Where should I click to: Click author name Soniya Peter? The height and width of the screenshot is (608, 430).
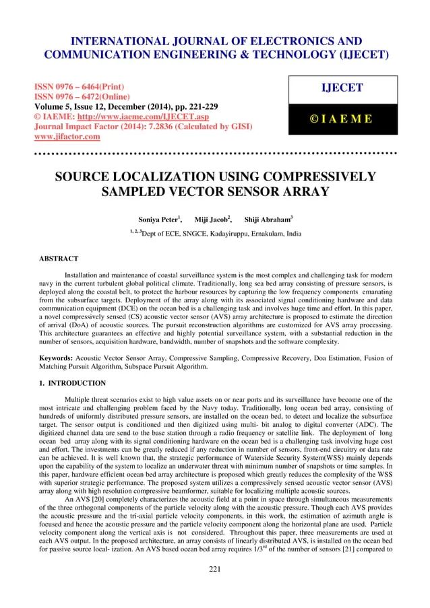pyautogui.click(x=160, y=219)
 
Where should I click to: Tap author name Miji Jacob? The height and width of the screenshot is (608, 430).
pyautogui.click(x=212, y=219)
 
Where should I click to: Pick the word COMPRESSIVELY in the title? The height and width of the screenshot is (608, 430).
pyautogui.click(x=313, y=177)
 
